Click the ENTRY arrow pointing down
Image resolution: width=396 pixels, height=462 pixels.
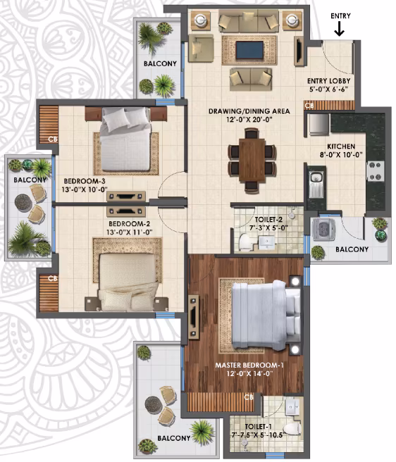(x=340, y=29)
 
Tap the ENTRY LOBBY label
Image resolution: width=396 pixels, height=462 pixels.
(x=328, y=81)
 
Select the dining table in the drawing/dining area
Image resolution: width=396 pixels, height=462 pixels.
(x=252, y=159)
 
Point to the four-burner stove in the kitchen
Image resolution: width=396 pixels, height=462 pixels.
(x=376, y=171)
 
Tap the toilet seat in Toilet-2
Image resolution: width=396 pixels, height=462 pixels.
(x=245, y=242)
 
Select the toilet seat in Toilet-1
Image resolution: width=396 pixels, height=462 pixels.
(x=291, y=430)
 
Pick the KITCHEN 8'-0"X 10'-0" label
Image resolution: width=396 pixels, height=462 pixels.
(x=341, y=150)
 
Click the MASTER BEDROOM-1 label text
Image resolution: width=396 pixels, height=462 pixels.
(x=249, y=366)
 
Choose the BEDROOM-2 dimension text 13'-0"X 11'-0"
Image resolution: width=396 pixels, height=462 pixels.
(x=129, y=232)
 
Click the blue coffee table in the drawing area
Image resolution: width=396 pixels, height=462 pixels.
(x=249, y=50)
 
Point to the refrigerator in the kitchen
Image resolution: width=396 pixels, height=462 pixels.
(x=318, y=125)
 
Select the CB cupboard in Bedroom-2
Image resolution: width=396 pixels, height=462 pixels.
(x=49, y=293)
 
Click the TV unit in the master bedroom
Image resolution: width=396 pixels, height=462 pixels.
(x=194, y=317)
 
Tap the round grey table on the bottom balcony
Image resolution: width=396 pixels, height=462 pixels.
(x=154, y=405)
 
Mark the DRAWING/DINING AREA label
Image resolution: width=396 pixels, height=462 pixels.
(x=249, y=111)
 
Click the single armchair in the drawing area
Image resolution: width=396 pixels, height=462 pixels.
(x=201, y=48)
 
